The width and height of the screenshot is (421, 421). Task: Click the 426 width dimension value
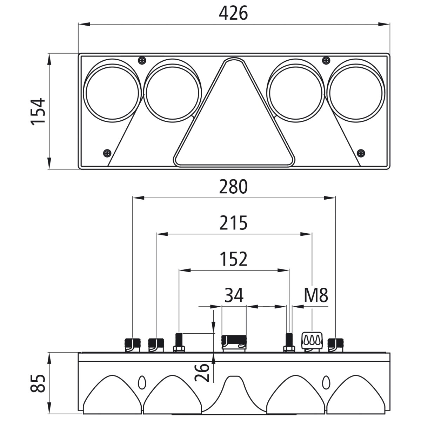(233, 13)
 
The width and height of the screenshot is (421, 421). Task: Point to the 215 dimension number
(233, 223)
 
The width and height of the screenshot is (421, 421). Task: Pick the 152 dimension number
(233, 259)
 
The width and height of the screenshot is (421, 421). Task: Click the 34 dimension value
(234, 295)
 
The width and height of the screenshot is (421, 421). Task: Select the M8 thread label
(316, 295)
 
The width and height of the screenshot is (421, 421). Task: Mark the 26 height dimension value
(202, 372)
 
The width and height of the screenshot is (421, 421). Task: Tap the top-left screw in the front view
(142, 60)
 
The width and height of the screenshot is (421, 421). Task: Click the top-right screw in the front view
(326, 60)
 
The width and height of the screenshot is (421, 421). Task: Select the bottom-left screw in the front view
(107, 153)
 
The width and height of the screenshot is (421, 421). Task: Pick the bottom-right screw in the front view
(361, 153)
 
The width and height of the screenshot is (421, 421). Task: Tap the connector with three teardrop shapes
(312, 341)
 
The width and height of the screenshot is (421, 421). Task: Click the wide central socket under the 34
(234, 342)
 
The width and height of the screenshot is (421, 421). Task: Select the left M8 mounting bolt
(179, 342)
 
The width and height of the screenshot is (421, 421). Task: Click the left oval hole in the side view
(142, 382)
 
